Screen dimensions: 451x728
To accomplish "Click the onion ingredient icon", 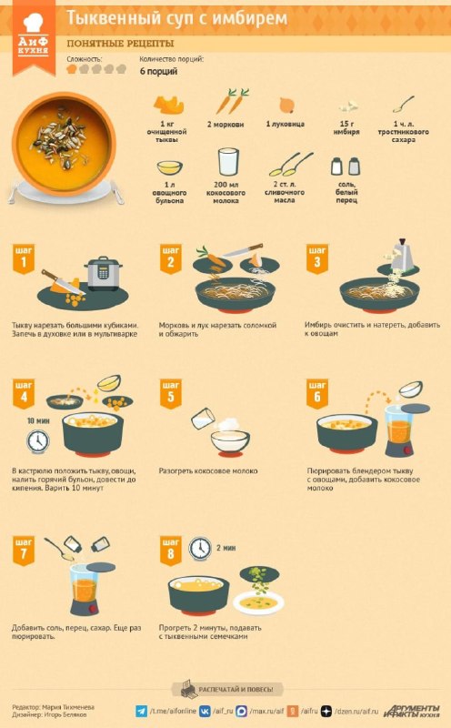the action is click(x=286, y=105).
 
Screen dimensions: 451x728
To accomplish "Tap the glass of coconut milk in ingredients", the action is click(x=228, y=163).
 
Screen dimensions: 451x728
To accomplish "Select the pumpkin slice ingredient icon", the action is click(x=168, y=105).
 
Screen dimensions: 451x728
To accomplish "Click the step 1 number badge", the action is click(x=24, y=259).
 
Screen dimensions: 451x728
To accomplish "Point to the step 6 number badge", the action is click(x=317, y=394).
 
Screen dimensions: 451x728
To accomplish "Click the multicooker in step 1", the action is click(x=103, y=274).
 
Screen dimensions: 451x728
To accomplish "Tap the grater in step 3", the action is click(x=401, y=255).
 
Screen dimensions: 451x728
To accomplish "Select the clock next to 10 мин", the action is click(x=37, y=441).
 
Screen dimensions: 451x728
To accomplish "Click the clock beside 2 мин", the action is click(x=200, y=549).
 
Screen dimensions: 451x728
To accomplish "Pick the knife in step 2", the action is click(x=242, y=251).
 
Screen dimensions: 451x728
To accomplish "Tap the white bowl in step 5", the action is click(x=230, y=441).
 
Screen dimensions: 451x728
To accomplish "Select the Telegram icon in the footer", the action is click(x=141, y=711).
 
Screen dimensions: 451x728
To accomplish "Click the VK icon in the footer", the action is click(x=205, y=711).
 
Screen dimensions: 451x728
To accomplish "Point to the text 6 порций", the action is click(x=159, y=72).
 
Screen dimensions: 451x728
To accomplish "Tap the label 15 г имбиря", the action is click(x=346, y=127).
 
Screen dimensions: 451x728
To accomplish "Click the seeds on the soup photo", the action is click(x=61, y=138).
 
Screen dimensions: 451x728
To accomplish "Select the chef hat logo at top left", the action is click(x=33, y=22).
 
